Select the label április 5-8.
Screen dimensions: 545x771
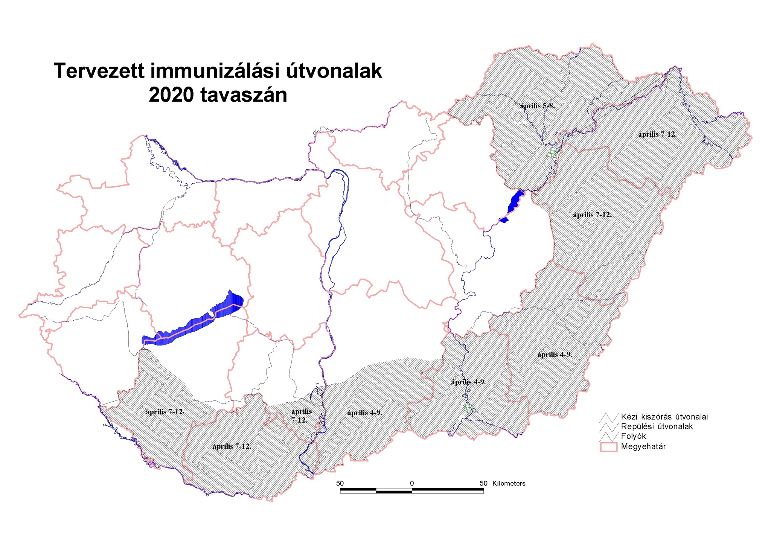(x=537, y=106)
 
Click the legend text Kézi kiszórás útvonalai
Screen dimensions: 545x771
(x=664, y=417)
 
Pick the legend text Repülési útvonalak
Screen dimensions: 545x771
(x=657, y=427)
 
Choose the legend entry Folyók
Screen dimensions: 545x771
(x=633, y=437)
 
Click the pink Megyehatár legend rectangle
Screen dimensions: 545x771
(x=608, y=447)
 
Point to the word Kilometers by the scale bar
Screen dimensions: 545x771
(x=509, y=484)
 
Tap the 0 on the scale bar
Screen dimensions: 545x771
(x=412, y=484)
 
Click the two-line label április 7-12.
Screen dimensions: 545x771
(x=301, y=416)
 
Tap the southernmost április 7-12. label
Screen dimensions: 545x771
(x=232, y=447)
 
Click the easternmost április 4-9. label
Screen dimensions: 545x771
(x=555, y=355)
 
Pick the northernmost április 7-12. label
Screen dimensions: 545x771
(x=657, y=134)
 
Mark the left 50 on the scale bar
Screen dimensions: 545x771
(x=340, y=484)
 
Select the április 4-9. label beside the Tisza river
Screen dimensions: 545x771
(x=468, y=382)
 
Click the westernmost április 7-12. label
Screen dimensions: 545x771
(x=165, y=412)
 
